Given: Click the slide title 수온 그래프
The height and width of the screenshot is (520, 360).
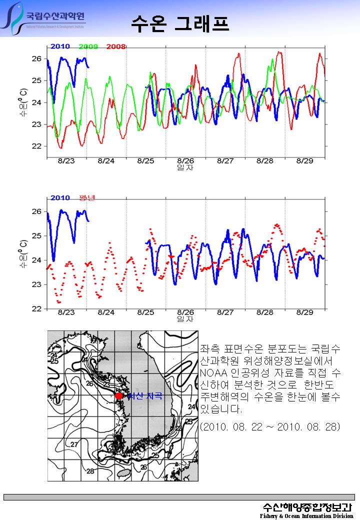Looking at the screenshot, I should point(180,22).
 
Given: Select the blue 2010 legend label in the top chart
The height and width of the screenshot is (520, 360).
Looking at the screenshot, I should point(60,46).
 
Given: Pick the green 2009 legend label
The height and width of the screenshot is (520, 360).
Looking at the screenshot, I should point(88,46).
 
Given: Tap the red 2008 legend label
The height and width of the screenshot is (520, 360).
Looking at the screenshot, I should point(115,46).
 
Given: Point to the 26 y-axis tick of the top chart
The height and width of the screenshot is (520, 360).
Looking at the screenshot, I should point(36,58).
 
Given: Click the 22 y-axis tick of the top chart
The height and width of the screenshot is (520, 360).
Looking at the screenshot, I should point(36,146).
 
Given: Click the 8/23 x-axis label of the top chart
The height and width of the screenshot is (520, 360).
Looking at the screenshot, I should point(66,161).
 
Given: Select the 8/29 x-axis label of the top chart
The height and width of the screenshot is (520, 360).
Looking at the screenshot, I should point(304,161).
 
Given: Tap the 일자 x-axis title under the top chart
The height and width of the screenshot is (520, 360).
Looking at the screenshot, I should point(185,167).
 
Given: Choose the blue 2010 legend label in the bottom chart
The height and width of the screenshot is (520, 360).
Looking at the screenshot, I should point(60,198).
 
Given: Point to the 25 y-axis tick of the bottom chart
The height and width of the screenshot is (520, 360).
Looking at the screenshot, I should point(36,235).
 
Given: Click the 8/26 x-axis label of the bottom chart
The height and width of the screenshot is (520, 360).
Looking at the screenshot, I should point(185,312).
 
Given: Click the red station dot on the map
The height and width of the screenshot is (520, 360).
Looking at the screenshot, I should point(118,396).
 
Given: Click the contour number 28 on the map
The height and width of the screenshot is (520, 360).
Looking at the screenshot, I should point(90,471).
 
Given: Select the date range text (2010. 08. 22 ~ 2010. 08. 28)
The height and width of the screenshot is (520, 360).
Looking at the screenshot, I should point(270,427).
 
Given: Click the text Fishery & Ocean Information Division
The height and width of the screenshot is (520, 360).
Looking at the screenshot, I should point(306,516).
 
